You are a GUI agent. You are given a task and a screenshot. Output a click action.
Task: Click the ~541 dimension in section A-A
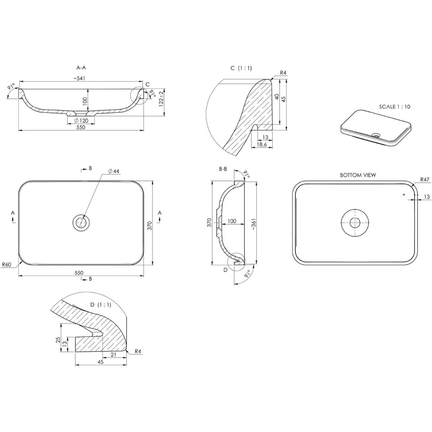80,78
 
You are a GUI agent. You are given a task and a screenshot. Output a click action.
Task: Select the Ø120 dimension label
81,121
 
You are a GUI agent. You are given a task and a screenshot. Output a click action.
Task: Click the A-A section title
81,67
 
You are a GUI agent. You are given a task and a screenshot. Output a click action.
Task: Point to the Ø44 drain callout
113,171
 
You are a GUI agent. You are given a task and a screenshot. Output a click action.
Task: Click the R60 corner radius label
6,265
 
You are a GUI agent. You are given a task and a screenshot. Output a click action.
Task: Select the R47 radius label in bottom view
424,180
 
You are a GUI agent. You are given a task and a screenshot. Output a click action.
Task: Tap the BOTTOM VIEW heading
358,175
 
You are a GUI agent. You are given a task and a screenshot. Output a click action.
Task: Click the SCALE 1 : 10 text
395,107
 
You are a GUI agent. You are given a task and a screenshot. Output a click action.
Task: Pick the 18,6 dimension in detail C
262,144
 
